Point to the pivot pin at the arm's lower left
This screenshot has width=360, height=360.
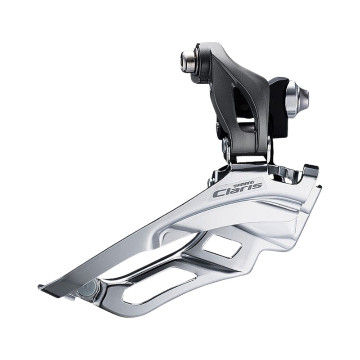226,145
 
